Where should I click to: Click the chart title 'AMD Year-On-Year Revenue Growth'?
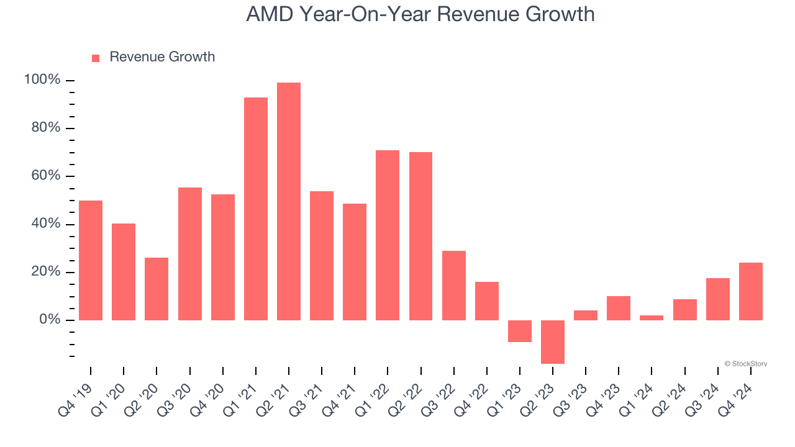click(x=420, y=14)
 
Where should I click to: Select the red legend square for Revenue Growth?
click(x=96, y=58)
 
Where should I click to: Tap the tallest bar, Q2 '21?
click(x=289, y=201)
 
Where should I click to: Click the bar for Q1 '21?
click(x=256, y=209)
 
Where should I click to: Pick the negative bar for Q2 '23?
click(x=553, y=341)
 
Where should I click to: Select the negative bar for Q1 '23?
click(x=520, y=331)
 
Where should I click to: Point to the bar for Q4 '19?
click(x=91, y=260)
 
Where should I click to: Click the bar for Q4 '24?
click(x=751, y=291)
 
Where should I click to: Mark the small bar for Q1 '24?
click(x=652, y=317)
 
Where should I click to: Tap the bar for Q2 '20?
click(x=157, y=289)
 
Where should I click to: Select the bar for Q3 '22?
click(x=454, y=285)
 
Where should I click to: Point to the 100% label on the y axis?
click(x=42, y=80)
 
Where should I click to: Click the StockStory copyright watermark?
click(x=745, y=364)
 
